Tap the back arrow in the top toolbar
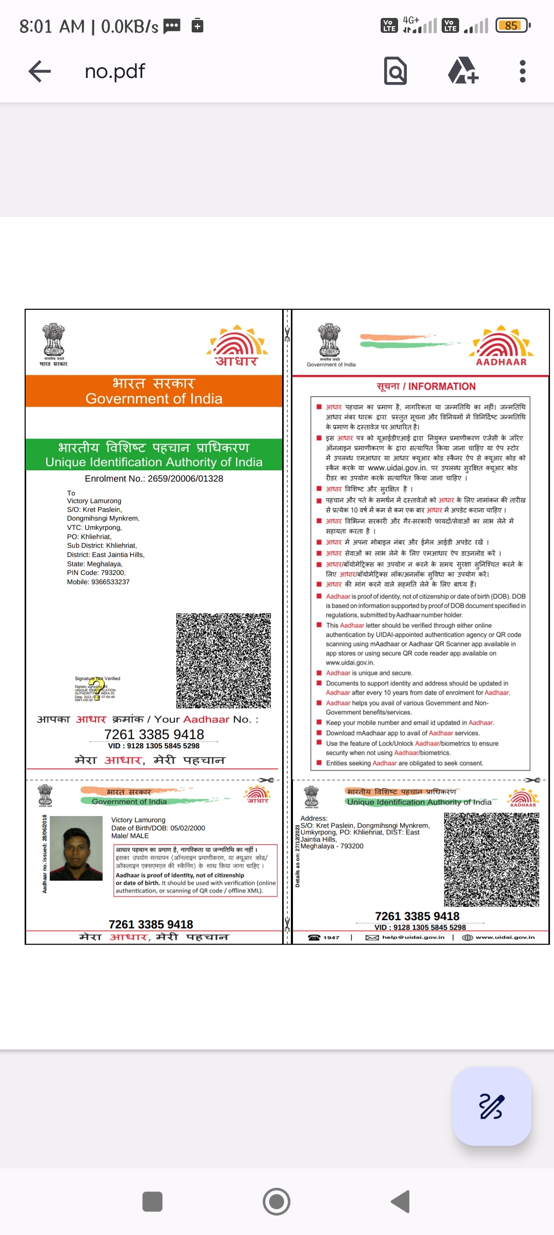tap(39, 71)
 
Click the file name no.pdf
tap(115, 71)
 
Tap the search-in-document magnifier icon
tap(395, 71)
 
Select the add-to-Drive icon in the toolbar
tap(463, 71)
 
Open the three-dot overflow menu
tap(522, 71)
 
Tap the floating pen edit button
tap(491, 1106)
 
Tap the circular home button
tap(276, 1201)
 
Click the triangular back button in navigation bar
tap(401, 1201)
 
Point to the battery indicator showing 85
tap(512, 26)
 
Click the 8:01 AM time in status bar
tap(52, 26)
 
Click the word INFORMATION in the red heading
tap(442, 387)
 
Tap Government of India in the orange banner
tap(154, 399)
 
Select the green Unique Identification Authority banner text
tap(154, 462)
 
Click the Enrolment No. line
tap(154, 479)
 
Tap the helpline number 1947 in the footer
tap(331, 938)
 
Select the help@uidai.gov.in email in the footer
tap(413, 938)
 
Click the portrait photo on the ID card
tap(76, 848)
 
